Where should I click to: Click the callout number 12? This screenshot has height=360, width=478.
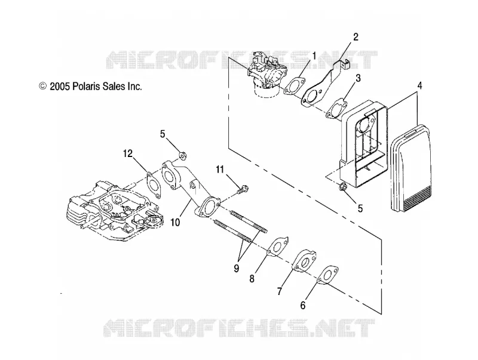128,154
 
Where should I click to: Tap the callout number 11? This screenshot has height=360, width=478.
220,170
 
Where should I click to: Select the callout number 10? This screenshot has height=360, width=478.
175,222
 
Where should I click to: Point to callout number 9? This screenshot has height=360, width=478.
236,268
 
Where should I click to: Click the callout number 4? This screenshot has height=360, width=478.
419,86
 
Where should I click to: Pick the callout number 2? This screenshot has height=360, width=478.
356,37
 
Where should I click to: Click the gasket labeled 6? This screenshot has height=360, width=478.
327,276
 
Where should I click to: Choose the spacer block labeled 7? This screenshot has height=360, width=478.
304,260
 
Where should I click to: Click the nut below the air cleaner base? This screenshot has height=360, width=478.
342,187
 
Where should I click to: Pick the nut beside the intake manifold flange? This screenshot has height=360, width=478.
183,156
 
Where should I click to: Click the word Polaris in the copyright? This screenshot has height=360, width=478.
86,87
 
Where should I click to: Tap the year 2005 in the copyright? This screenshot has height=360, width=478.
60,87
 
